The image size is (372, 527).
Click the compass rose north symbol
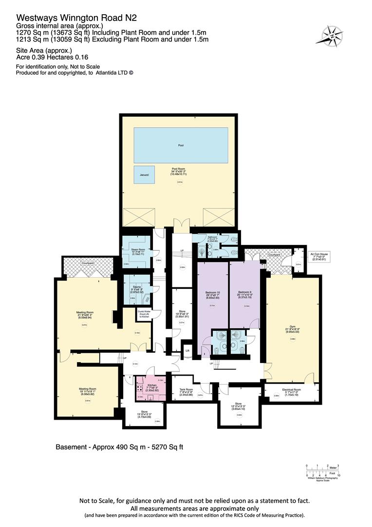pyautogui.click(x=332, y=35)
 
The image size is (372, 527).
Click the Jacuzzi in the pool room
pyautogui.click(x=144, y=174)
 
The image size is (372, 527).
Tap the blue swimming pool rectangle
pyautogui.click(x=181, y=145)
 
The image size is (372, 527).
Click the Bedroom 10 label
pyautogui.click(x=213, y=295)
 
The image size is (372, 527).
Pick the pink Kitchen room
pyautogui.click(x=150, y=386)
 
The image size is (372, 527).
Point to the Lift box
pyautogui.click(x=186, y=350)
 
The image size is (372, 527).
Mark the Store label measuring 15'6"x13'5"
pyautogui.click(x=143, y=414)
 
